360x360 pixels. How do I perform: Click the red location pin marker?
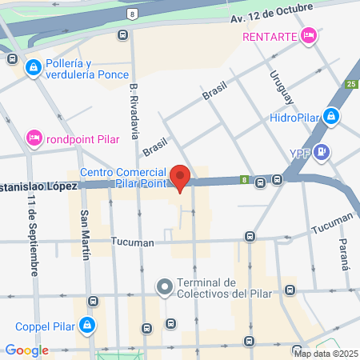pyautogui.click(x=181, y=177)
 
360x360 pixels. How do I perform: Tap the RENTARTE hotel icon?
pyautogui.click(x=309, y=36)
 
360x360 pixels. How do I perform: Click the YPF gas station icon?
pyautogui.click(x=321, y=151)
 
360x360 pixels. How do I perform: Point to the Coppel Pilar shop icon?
pyautogui.click(x=88, y=326)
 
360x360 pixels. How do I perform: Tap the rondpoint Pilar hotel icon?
pyautogui.click(x=34, y=138)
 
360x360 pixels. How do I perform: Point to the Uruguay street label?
pyautogui.click(x=277, y=88)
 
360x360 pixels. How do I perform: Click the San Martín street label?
pyautogui.click(x=84, y=234)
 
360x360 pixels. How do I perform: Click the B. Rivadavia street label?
pyautogui.click(x=134, y=107)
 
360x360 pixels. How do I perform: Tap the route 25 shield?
pyautogui.click(x=351, y=84)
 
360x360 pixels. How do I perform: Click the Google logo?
pyautogui.click(x=26, y=350)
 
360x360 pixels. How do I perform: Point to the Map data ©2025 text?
pyautogui.click(x=326, y=353)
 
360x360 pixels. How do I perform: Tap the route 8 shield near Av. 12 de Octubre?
pyautogui.click(x=132, y=14)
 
